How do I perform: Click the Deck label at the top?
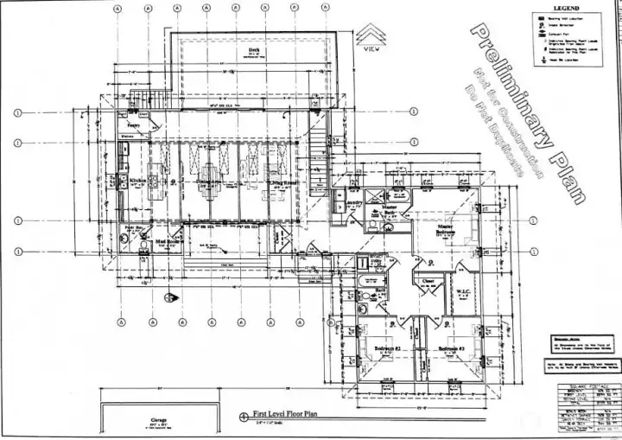254,51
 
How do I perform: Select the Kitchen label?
137,182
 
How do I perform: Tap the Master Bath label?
390,208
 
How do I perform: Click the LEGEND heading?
565,8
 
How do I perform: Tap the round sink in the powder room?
145,246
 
